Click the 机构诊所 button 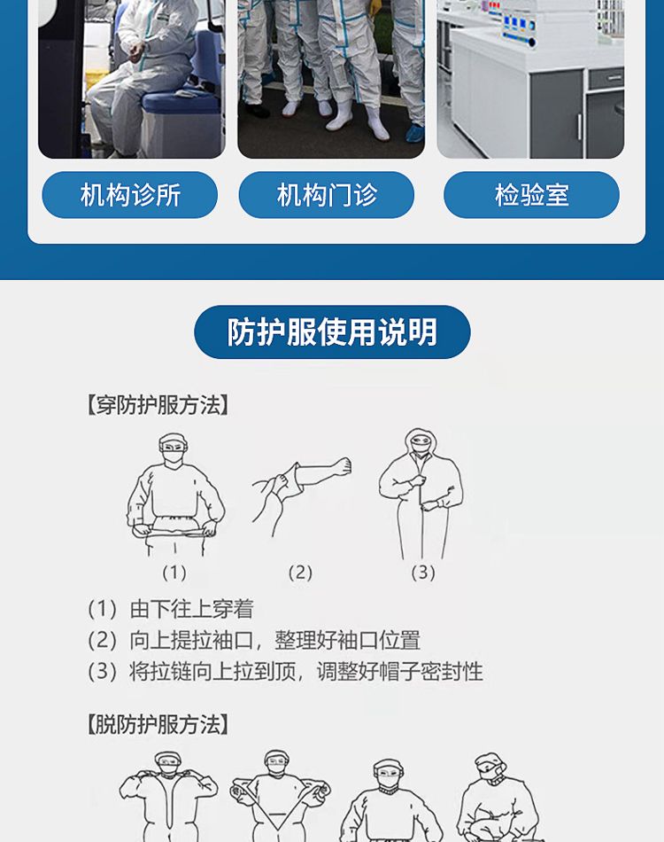tap(130, 195)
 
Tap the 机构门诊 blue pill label tap(326, 195)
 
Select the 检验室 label tap(531, 195)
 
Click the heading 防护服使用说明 tap(332, 331)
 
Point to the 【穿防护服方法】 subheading tap(158, 405)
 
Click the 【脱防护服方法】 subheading tap(158, 724)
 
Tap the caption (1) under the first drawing tap(174, 573)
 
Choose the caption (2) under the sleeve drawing tap(300, 573)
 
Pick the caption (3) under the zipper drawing tap(423, 573)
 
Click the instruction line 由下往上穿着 tap(171, 609)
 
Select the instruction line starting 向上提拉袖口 tap(254, 640)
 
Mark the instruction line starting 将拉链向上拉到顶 tap(285, 671)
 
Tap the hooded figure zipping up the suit tap(421, 494)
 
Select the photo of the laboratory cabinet tap(530, 79)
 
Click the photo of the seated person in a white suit tap(131, 79)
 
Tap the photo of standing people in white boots tap(331, 79)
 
